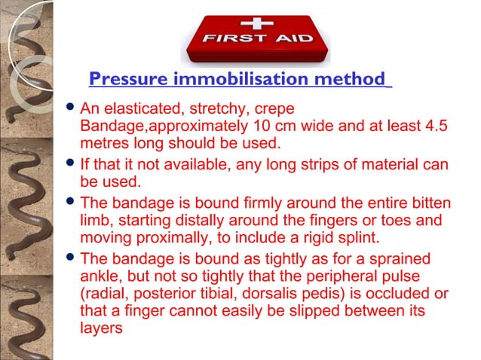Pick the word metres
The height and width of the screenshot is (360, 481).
coord(104,142)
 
